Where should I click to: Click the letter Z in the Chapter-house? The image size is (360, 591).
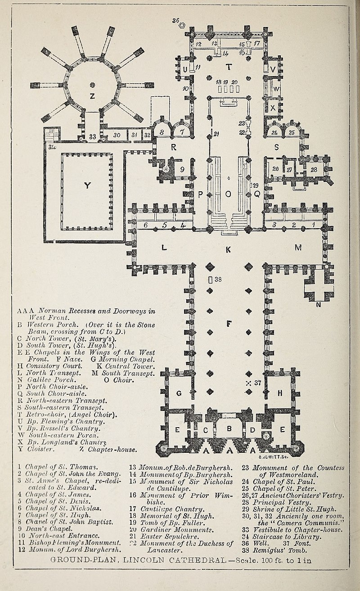click(92, 95)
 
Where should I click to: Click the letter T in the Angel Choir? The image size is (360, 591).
click(229, 67)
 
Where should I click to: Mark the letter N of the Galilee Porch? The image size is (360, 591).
click(319, 305)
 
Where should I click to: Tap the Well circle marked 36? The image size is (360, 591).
click(183, 26)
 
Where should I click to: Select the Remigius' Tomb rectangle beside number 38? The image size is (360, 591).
click(210, 280)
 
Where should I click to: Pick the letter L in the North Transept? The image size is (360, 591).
click(164, 247)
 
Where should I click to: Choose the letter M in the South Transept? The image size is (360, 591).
click(298, 247)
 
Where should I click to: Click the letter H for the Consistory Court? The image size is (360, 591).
click(280, 393)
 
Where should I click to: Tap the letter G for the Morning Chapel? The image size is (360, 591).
click(179, 393)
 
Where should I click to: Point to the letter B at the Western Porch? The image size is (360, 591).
click(229, 428)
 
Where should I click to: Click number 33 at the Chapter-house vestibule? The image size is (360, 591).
click(93, 136)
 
